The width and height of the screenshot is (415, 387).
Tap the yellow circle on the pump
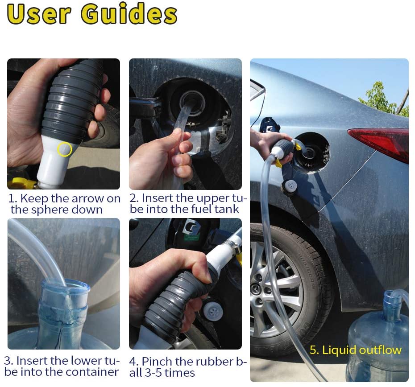pos(65,149)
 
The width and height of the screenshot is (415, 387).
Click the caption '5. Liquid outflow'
pos(355,350)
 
